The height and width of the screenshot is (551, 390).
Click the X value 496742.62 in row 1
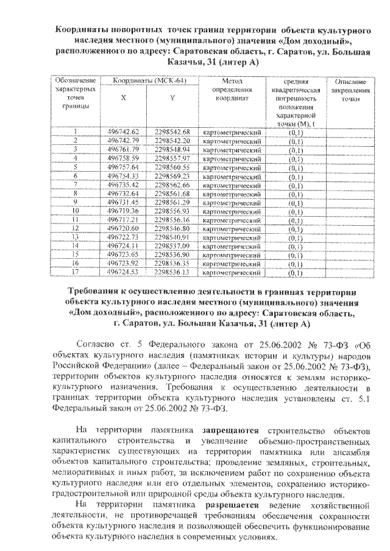(123, 132)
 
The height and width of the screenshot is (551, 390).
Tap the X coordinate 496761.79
(123, 149)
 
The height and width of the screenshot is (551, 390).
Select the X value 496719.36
(123, 211)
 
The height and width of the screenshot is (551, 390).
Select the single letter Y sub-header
(173, 103)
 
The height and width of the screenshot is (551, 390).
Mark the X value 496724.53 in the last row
(123, 272)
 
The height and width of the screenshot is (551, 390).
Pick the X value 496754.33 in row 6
(123, 175)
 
